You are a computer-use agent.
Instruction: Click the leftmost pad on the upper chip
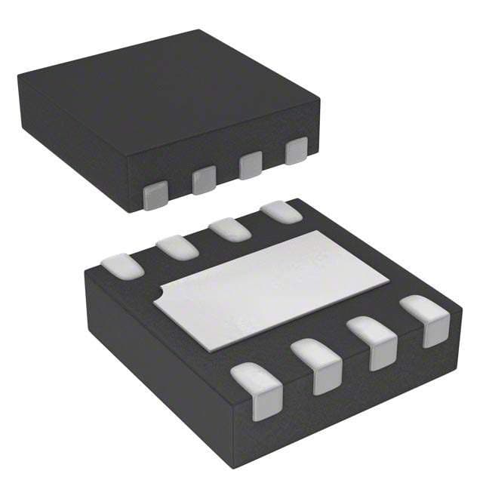tap(155, 195)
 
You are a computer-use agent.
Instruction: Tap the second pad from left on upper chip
tap(204, 180)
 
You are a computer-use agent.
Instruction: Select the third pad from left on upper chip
tap(251, 165)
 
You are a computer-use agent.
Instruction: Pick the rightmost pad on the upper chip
tap(297, 151)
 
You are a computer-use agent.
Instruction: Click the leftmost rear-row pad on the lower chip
tap(122, 266)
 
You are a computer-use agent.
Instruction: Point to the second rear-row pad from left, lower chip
tap(177, 247)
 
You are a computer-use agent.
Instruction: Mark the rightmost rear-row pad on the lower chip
tap(281, 212)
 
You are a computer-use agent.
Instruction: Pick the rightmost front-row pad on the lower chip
tap(425, 319)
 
